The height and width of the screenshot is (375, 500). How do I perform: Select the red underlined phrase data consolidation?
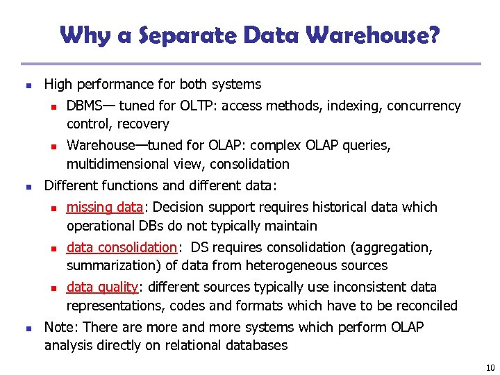click(x=122, y=247)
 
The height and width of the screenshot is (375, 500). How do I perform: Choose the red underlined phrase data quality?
click(x=103, y=287)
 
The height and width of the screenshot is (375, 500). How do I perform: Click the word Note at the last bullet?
click(x=59, y=326)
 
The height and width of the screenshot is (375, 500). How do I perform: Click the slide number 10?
click(x=490, y=368)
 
